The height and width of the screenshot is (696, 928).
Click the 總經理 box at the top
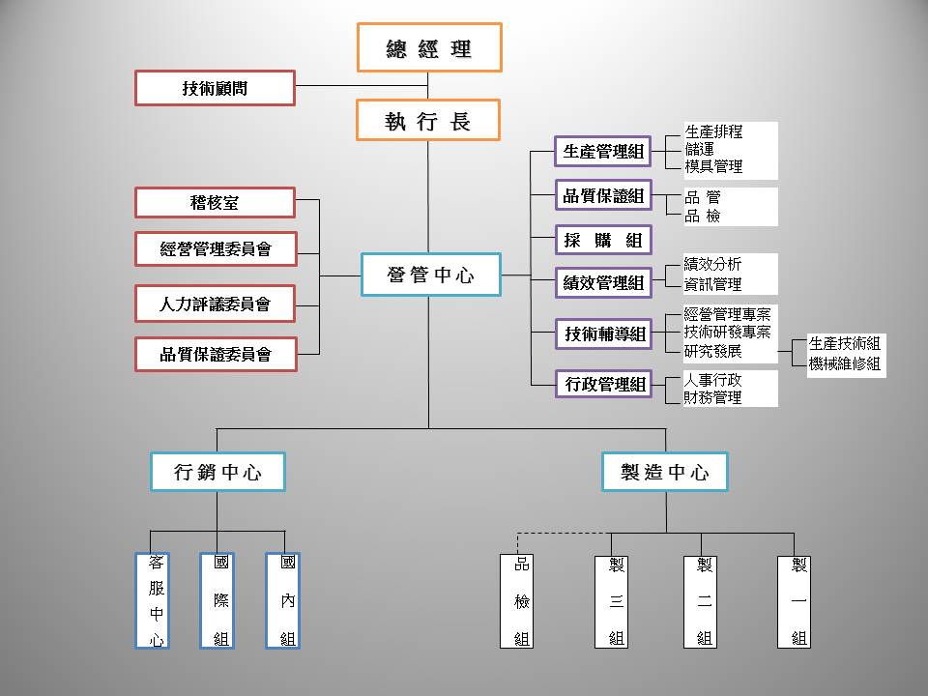429,48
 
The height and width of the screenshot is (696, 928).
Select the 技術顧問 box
215,88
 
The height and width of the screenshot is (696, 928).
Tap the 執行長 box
429,122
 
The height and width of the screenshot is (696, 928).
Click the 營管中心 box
430,275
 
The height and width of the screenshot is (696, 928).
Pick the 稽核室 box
215,203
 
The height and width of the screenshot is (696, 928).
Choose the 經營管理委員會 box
215,249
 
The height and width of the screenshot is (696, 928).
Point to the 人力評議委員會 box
215,304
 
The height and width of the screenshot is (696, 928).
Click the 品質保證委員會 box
215,354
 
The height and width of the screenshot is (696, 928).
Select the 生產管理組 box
603,151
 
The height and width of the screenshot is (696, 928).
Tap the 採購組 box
603,240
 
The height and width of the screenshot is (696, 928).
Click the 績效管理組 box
603,283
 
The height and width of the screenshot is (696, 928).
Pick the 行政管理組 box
603,384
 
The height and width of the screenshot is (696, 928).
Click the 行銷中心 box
217,472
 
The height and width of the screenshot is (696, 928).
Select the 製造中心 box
664,472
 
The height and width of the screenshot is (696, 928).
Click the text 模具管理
713,166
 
